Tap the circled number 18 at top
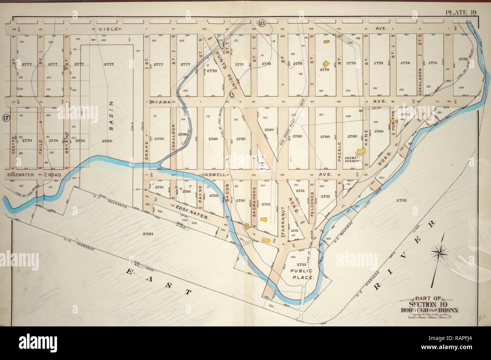(x=261, y=24)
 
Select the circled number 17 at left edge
(x=6, y=118)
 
